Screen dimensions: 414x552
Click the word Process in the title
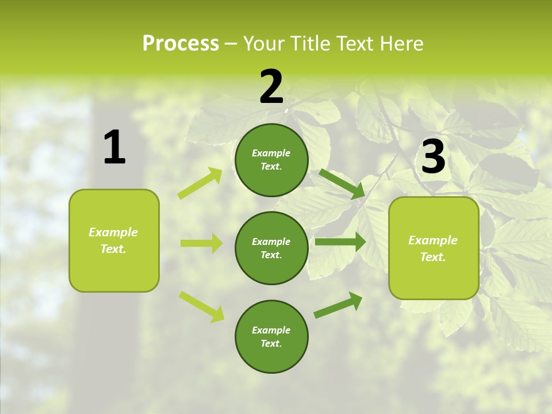(x=181, y=43)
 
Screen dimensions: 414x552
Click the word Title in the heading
(x=307, y=43)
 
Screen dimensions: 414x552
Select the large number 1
(x=114, y=148)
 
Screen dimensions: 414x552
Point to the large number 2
(x=271, y=87)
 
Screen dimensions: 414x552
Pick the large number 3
(x=433, y=158)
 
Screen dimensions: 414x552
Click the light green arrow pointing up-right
(x=200, y=183)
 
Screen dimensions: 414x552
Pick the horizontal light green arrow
(x=201, y=243)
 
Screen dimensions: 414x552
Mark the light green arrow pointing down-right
(x=202, y=306)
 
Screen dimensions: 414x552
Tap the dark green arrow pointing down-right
(x=342, y=184)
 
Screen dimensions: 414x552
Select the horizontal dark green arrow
(x=340, y=241)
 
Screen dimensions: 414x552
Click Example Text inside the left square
(x=113, y=240)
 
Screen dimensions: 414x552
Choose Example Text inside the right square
(x=433, y=248)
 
